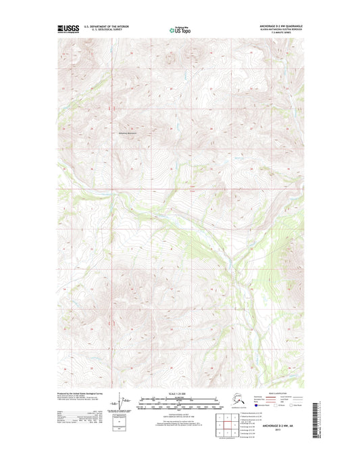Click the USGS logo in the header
click(69, 29)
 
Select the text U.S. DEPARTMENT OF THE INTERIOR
click(107, 26)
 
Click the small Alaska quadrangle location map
click(234, 400)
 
